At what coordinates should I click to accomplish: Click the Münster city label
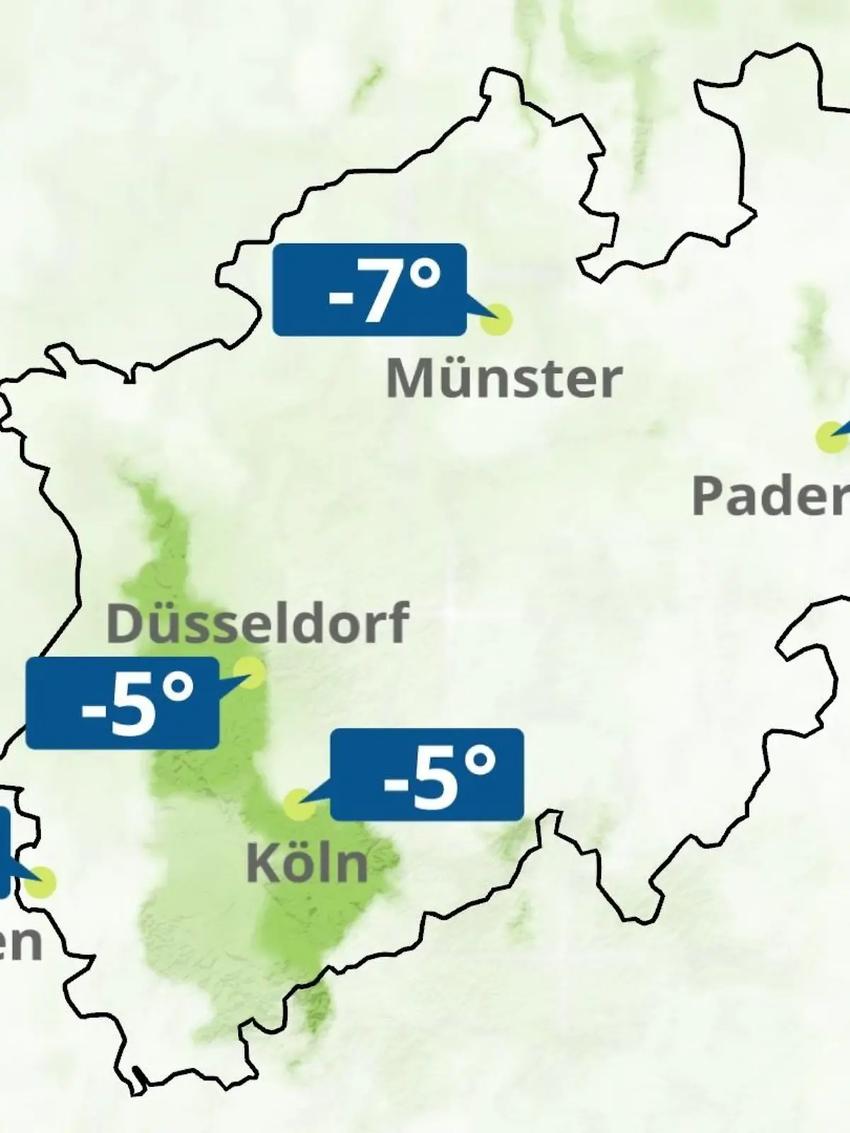(x=504, y=379)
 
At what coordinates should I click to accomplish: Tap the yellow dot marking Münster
(x=496, y=320)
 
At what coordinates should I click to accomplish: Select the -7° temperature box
(x=370, y=290)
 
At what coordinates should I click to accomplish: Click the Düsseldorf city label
(x=258, y=622)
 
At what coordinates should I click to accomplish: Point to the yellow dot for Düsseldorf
(x=249, y=671)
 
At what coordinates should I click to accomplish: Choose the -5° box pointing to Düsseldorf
(x=122, y=702)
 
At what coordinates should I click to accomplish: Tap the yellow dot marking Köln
(x=299, y=805)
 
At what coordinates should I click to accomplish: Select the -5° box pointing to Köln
(x=427, y=774)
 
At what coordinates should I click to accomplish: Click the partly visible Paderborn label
(x=771, y=496)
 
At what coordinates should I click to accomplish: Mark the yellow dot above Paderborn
(x=829, y=436)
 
